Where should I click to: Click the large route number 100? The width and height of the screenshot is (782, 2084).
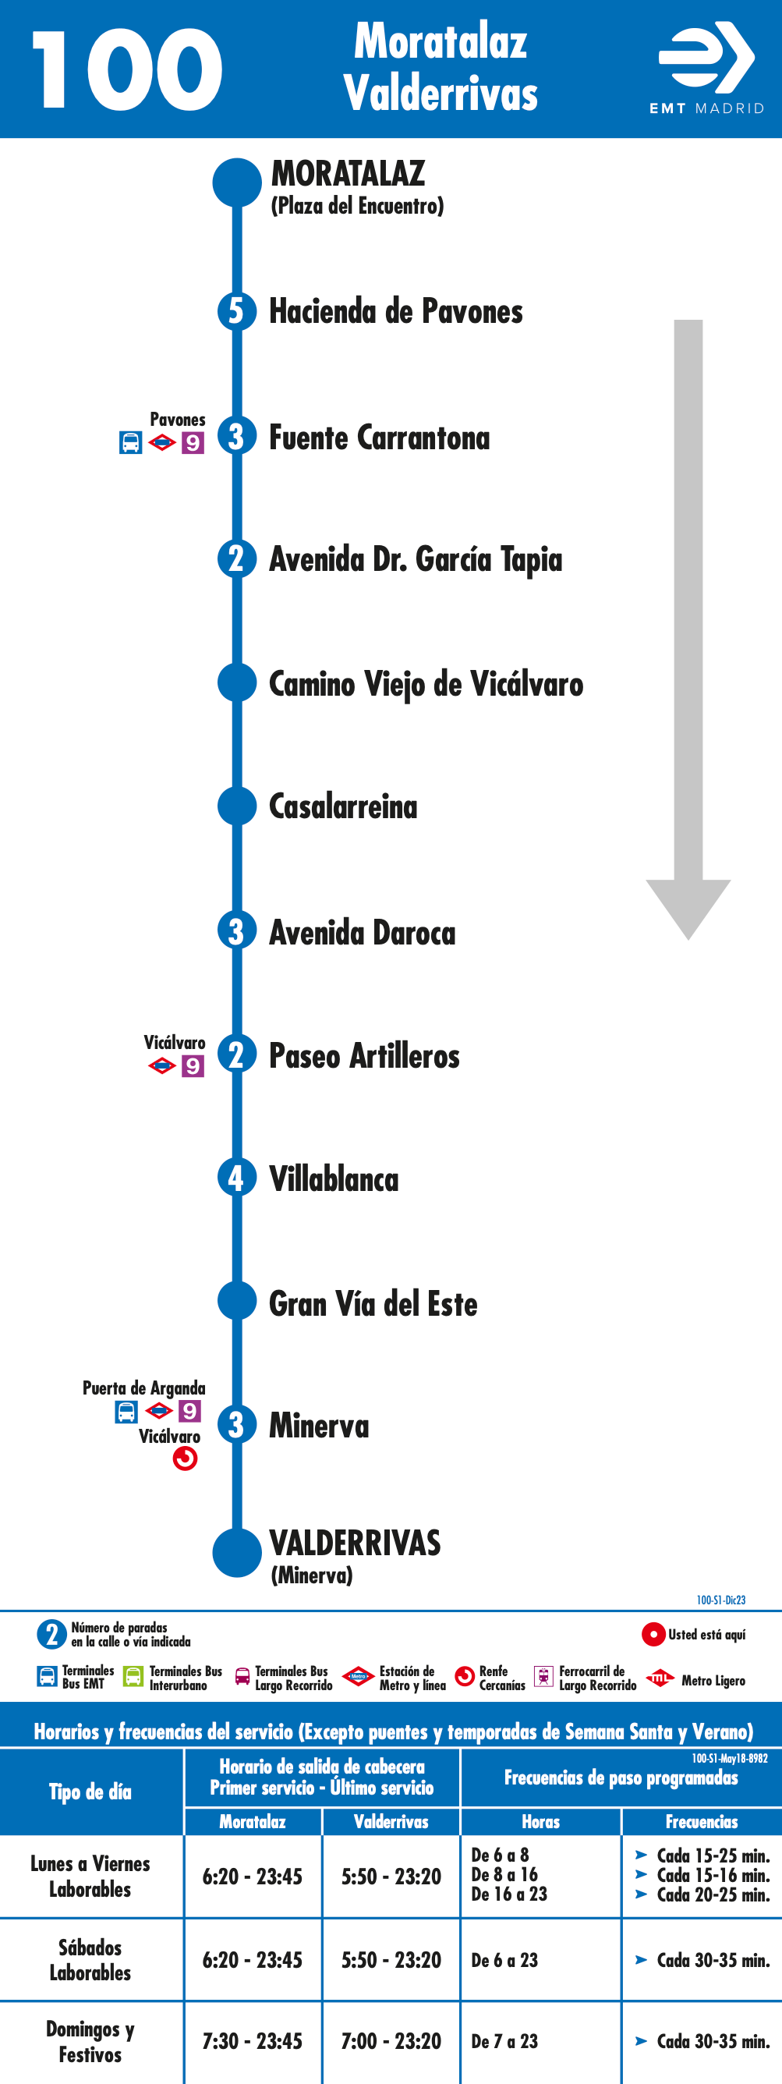click(127, 69)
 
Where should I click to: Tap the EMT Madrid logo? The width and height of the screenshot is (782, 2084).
click(707, 68)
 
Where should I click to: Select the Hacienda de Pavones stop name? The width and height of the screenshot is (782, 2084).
click(395, 311)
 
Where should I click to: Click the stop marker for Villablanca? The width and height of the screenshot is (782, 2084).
click(237, 1178)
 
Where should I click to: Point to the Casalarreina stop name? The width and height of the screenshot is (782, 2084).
click(343, 806)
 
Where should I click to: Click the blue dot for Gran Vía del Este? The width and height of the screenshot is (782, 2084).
click(237, 1301)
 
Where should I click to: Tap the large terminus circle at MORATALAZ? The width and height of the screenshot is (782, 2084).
click(237, 183)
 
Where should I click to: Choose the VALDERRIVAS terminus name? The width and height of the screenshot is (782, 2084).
click(355, 1543)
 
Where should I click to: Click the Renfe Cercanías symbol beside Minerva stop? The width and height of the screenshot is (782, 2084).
click(186, 1458)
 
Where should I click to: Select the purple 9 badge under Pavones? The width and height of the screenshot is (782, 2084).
click(193, 443)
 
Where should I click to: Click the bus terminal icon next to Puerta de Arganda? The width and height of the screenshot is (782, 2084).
click(126, 1412)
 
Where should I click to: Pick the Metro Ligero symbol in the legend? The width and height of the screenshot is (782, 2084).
click(660, 1678)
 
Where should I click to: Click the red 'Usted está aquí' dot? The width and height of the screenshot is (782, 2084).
click(653, 1634)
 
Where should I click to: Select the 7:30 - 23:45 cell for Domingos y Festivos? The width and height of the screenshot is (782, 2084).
click(253, 2041)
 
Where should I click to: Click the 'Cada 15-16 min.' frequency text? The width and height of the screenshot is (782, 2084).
click(713, 1874)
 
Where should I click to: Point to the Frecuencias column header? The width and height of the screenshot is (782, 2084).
click(701, 1821)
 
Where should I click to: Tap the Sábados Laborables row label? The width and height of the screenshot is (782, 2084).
click(90, 1959)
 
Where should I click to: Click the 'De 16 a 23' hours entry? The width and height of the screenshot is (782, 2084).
click(508, 1894)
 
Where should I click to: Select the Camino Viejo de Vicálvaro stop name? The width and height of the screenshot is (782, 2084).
click(426, 685)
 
